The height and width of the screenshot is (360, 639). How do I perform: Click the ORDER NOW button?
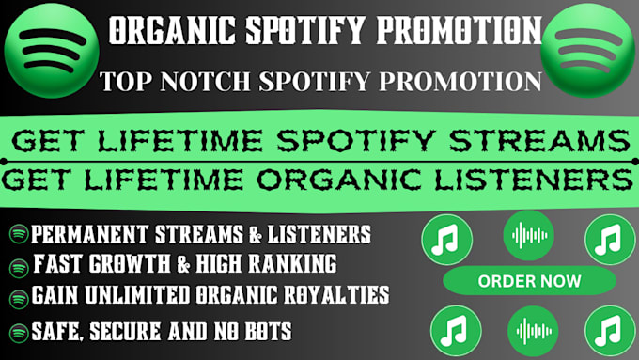click(529, 280)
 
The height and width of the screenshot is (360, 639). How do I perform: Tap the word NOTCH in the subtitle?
click(205, 81)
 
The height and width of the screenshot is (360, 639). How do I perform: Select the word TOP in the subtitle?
click(125, 81)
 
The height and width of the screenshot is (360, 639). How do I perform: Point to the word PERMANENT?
click(89, 234)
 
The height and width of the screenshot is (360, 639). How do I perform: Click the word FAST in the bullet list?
click(57, 264)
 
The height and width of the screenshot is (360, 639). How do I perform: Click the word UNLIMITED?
click(137, 294)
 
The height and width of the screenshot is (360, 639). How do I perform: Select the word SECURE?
click(126, 331)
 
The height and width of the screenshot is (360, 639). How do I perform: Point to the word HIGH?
click(220, 264)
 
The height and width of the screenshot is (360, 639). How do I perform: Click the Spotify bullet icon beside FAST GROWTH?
click(19, 268)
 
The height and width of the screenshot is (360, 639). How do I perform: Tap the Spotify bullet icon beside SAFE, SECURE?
click(19, 333)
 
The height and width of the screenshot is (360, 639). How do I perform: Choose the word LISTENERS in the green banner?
click(534, 180)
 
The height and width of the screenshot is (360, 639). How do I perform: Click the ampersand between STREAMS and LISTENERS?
click(256, 235)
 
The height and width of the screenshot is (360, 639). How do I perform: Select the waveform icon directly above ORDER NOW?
click(529, 235)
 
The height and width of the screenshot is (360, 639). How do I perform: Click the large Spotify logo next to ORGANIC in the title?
click(52, 51)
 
